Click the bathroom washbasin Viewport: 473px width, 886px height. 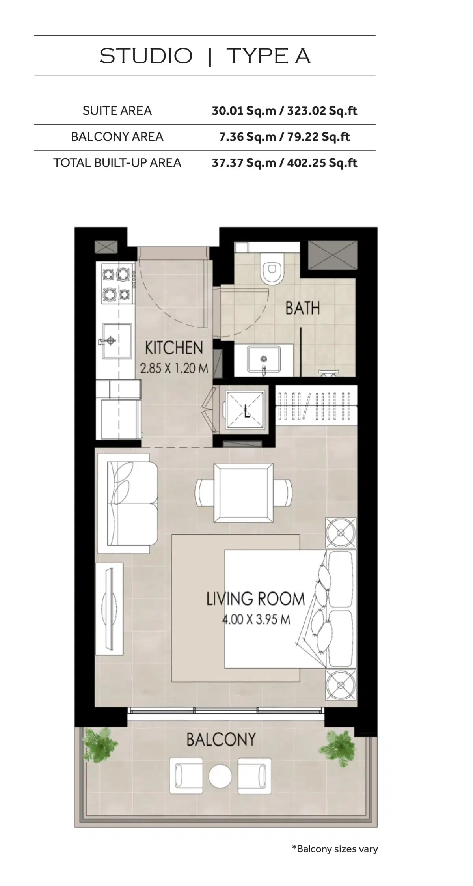(264, 359)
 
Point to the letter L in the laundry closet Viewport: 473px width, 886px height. (247, 412)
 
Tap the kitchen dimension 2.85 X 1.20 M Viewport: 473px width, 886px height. (174, 368)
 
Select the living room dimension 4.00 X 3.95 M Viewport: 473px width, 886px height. (256, 619)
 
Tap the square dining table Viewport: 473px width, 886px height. (244, 492)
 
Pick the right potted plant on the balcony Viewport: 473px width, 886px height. (338, 748)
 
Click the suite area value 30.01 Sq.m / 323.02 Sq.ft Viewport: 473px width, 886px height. (284, 111)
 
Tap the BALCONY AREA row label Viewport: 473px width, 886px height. (117, 137)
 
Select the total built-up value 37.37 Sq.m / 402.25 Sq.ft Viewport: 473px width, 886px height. (284, 163)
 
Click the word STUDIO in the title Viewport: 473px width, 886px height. (146, 56)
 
